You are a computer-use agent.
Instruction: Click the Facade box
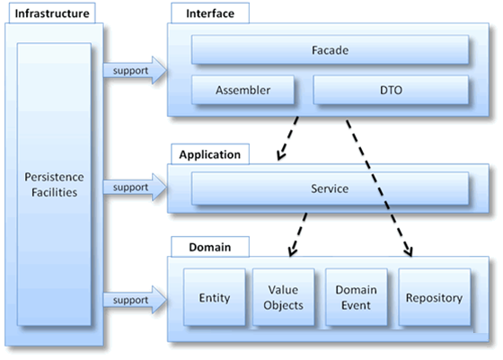(x=330, y=49)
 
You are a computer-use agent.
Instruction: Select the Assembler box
(x=243, y=90)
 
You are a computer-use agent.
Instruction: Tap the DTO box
(x=391, y=90)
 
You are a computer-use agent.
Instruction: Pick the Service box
(x=330, y=189)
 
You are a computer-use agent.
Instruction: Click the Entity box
(x=215, y=297)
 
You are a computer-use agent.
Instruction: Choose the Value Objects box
(x=283, y=297)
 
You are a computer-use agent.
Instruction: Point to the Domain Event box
(x=356, y=297)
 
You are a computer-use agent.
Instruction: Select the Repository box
(x=435, y=297)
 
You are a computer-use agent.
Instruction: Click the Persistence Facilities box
(x=54, y=184)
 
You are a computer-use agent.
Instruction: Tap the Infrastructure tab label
(x=52, y=13)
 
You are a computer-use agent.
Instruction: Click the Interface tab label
(x=210, y=13)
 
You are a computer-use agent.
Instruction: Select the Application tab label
(x=210, y=154)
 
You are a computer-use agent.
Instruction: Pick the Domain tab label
(x=210, y=247)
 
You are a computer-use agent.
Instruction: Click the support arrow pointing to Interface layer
(x=135, y=70)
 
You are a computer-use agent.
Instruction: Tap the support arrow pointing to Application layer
(x=135, y=187)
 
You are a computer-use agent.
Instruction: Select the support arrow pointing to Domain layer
(x=135, y=300)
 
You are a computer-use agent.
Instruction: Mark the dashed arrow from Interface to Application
(x=287, y=138)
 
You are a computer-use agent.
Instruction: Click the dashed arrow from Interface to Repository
(x=379, y=189)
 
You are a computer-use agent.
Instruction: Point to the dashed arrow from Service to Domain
(x=297, y=234)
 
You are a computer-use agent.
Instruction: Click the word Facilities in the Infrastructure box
(x=54, y=192)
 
